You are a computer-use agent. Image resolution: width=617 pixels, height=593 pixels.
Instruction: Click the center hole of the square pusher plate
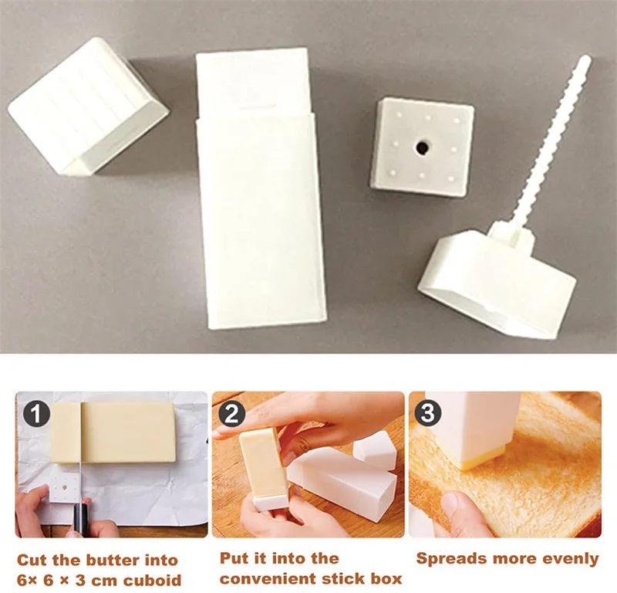pos(423,145)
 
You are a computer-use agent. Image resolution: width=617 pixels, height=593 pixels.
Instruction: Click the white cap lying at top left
pos(86,107)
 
